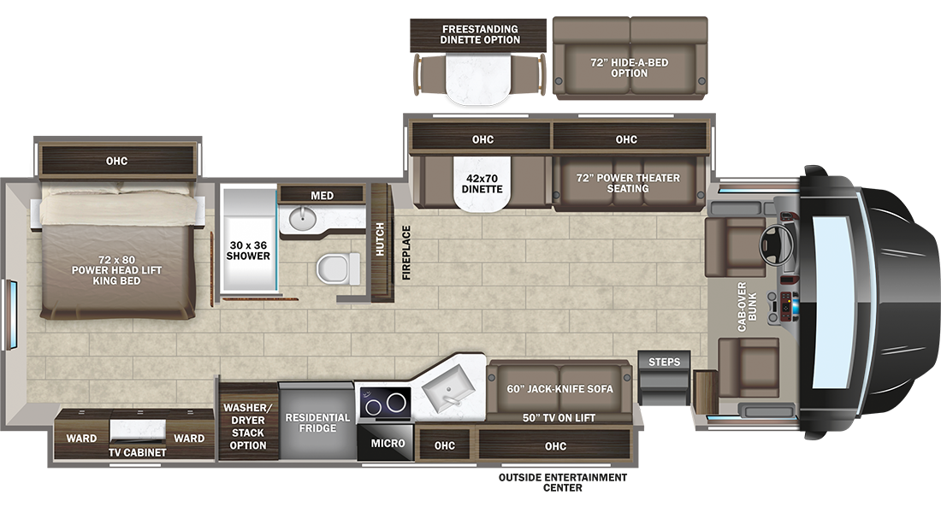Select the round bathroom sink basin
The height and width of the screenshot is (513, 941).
click(x=303, y=219)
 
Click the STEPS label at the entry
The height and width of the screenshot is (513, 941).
click(x=665, y=362)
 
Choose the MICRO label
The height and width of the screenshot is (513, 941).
click(x=388, y=444)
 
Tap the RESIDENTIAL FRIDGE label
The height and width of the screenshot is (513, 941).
click(x=317, y=422)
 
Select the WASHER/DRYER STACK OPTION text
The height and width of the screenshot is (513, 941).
click(x=248, y=427)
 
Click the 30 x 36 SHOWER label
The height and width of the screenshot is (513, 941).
click(x=248, y=251)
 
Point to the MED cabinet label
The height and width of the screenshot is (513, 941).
click(x=323, y=196)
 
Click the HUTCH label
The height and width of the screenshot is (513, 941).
click(x=380, y=239)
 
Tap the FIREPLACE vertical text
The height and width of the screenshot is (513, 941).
click(x=406, y=252)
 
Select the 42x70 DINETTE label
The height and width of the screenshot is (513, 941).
click(x=482, y=184)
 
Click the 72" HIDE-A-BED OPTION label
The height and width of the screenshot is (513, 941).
click(x=629, y=68)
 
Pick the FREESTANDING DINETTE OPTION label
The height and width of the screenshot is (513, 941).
click(x=480, y=34)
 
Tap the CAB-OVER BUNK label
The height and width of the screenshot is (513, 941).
click(x=747, y=307)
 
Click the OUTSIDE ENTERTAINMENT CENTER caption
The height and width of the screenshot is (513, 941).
click(x=563, y=482)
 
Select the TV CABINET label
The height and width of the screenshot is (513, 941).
click(x=138, y=452)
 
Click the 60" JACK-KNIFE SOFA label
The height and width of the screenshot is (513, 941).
click(x=560, y=389)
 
